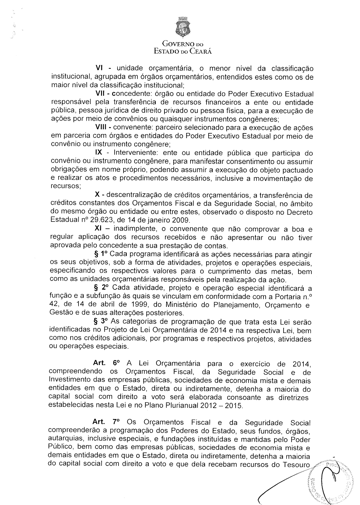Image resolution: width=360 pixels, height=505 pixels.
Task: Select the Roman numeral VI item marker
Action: coord(99,68)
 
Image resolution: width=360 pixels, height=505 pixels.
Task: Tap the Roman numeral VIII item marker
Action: coord(101,128)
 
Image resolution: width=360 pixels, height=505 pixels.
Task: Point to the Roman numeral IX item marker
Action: coord(98,153)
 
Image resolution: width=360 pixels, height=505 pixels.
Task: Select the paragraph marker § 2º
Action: coord(100,288)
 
